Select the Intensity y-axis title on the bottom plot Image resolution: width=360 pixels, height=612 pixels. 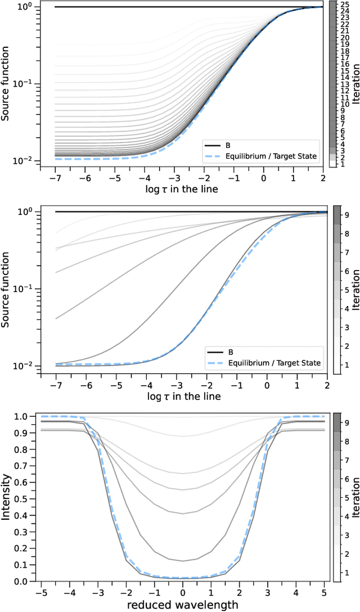click(7, 499)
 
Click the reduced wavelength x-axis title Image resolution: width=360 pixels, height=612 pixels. click(183, 605)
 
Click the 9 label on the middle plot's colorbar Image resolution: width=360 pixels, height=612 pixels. click(346, 214)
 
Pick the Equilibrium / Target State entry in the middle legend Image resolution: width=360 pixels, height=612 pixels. click(273, 363)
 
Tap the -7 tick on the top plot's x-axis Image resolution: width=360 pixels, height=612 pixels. click(55, 177)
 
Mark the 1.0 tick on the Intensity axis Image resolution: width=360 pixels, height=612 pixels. click(28, 417)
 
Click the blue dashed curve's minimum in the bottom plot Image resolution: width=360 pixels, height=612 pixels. click(183, 578)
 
